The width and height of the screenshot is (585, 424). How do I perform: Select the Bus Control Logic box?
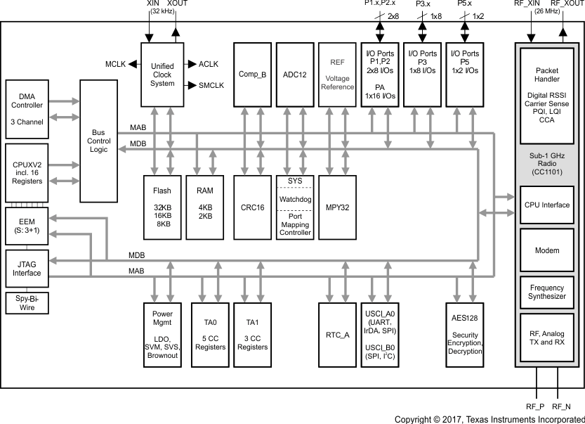[x=99, y=141]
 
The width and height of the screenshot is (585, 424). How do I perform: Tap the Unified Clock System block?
[x=162, y=74]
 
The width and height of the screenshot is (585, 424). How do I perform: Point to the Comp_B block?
[x=252, y=74]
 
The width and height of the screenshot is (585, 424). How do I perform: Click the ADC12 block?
[x=294, y=74]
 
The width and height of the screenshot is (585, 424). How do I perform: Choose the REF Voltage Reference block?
[x=338, y=74]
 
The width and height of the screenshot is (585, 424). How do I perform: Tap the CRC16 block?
[x=252, y=208]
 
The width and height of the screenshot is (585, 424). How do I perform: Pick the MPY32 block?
[x=338, y=208]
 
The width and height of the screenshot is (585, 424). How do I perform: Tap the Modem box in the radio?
[x=547, y=250]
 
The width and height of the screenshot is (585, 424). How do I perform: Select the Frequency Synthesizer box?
[x=547, y=292]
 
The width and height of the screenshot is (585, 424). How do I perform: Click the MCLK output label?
[x=115, y=64]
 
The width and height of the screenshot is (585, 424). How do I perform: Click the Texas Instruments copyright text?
[x=489, y=419]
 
